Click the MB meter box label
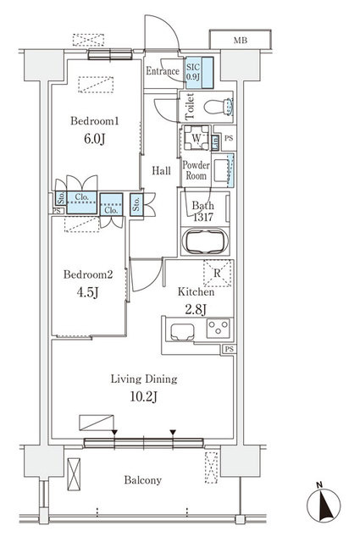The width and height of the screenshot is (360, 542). tap(241, 41)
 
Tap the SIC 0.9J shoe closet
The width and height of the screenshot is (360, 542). tap(199, 72)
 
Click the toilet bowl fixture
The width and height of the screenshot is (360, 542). tap(219, 107)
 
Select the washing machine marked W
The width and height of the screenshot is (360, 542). tap(196, 138)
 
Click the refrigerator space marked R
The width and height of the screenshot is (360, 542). tap(218, 273)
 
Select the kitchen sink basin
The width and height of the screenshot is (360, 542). tap(182, 332)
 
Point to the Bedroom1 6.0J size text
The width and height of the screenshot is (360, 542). tap(94, 139)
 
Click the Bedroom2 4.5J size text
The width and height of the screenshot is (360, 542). tap(88, 292)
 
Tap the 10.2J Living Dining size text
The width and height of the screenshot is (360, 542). tap(144, 396)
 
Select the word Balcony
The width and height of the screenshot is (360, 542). tap(143, 480)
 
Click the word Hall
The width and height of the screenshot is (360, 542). tap(162, 170)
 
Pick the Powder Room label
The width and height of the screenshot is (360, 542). tap(196, 170)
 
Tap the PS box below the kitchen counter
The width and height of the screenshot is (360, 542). tap(229, 350)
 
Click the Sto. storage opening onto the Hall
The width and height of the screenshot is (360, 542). tap(136, 204)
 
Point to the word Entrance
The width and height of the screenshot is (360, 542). tap(162, 71)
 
